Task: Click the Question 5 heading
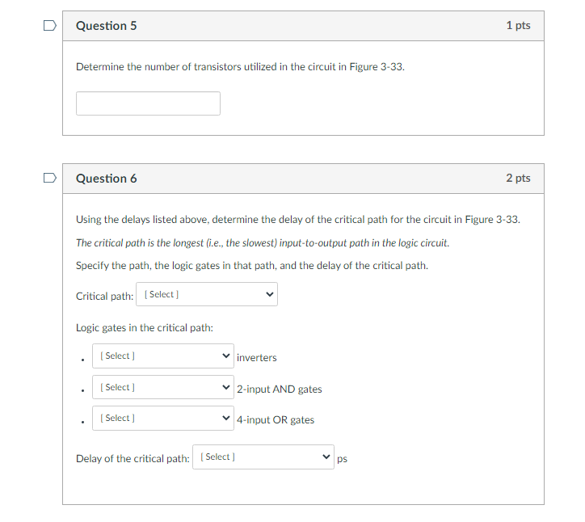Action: (106, 26)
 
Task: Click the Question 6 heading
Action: (106, 179)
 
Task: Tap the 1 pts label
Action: (518, 26)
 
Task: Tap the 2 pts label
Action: (518, 178)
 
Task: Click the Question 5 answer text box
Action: (148, 103)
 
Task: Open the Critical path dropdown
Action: (207, 295)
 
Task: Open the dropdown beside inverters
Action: (162, 356)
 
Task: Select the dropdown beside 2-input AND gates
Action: (162, 388)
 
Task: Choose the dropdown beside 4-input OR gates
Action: (162, 419)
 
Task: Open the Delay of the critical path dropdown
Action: (263, 457)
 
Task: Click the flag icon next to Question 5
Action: (50, 25)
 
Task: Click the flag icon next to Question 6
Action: (50, 177)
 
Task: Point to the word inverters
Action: (257, 358)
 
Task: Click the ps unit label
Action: (342, 459)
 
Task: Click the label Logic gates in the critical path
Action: (144, 327)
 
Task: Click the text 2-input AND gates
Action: (280, 389)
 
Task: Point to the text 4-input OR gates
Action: (276, 420)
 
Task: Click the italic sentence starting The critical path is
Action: (262, 242)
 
